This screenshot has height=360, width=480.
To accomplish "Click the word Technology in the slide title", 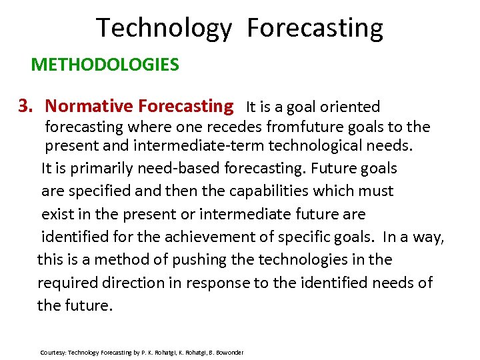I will click(164, 29).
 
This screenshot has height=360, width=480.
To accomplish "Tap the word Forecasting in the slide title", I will click(315, 29).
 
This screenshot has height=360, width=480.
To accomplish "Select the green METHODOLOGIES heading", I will click(105, 65).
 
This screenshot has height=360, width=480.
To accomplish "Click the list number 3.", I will click(25, 106).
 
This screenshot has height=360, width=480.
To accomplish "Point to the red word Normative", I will click(89, 106).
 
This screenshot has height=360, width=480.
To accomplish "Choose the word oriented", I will click(350, 107).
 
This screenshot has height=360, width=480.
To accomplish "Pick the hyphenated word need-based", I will click(179, 168).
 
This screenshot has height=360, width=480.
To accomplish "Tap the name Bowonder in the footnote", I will click(229, 352).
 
